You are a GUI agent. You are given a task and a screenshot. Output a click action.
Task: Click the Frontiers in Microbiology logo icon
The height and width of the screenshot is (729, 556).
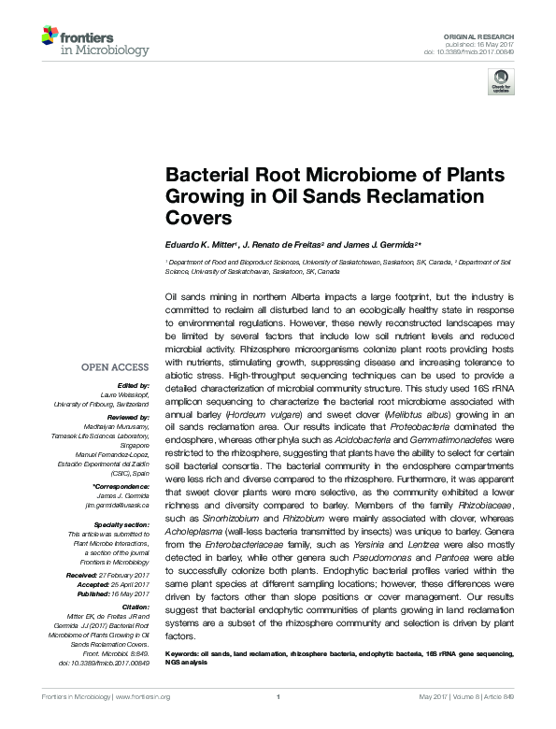click(50, 37)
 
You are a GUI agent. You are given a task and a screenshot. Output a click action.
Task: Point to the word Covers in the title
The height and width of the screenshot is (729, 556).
click(197, 219)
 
